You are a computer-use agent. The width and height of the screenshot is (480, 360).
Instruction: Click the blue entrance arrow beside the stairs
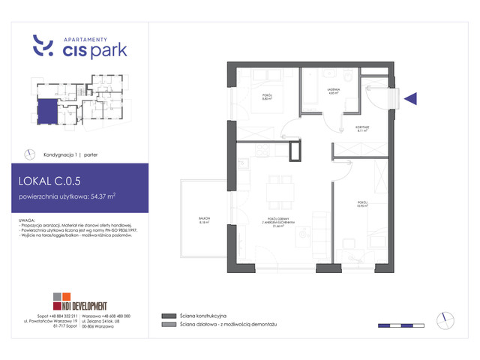(410, 97)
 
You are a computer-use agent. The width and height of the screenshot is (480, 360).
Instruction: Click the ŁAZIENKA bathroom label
(334, 91)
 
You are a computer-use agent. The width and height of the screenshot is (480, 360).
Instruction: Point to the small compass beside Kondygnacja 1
(30, 154)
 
